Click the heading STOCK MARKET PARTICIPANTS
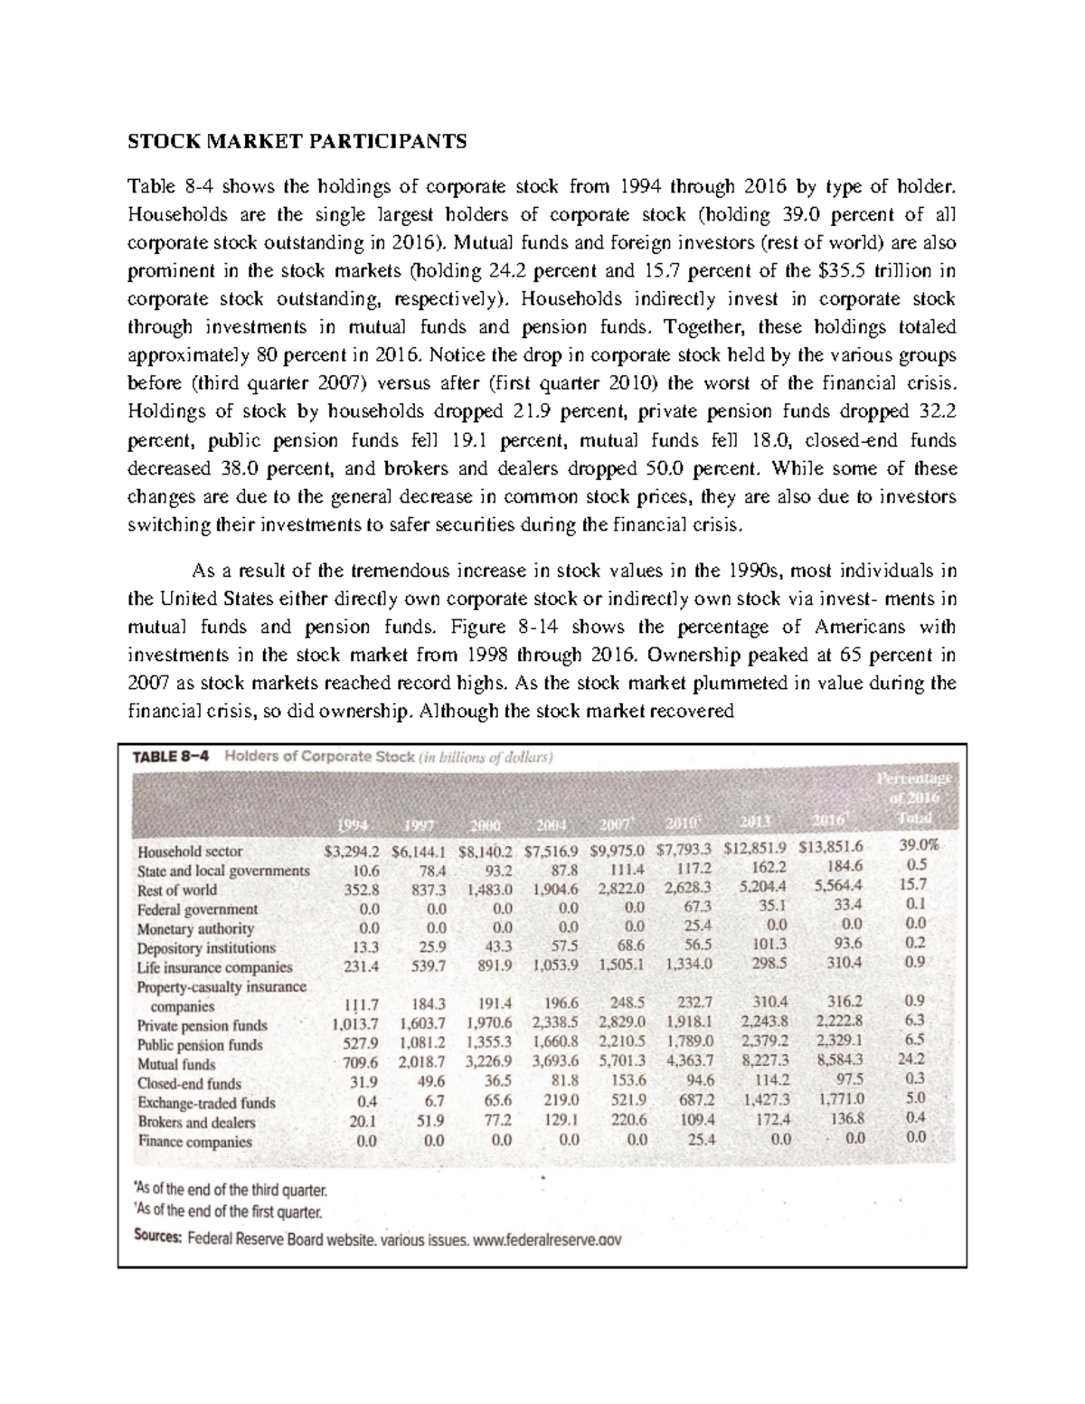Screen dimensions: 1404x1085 coord(297,141)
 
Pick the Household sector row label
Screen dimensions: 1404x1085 coord(190,852)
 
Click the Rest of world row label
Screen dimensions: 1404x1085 coord(177,890)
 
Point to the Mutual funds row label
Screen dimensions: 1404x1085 coord(176,1064)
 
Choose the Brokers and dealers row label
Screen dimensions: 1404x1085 coord(196,1122)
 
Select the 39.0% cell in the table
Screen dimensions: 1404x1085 coord(919,846)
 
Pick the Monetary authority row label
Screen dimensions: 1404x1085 coord(195,928)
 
